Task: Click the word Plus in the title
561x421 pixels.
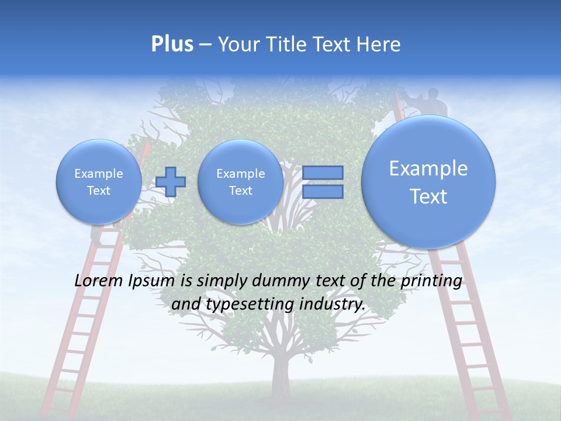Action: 172,44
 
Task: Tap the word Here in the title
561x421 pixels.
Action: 380,44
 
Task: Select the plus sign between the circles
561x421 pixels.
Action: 171,182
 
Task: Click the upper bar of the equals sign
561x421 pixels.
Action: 323,172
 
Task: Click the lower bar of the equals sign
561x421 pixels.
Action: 323,192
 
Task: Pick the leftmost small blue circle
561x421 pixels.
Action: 99,182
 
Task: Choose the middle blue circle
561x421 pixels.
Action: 240,182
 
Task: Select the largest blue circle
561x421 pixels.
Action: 428,181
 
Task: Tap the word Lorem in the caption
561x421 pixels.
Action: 99,281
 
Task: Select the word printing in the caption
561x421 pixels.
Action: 431,281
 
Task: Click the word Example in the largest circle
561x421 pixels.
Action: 428,168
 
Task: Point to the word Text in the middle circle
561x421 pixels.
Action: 240,191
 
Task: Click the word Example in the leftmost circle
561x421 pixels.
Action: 99,174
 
